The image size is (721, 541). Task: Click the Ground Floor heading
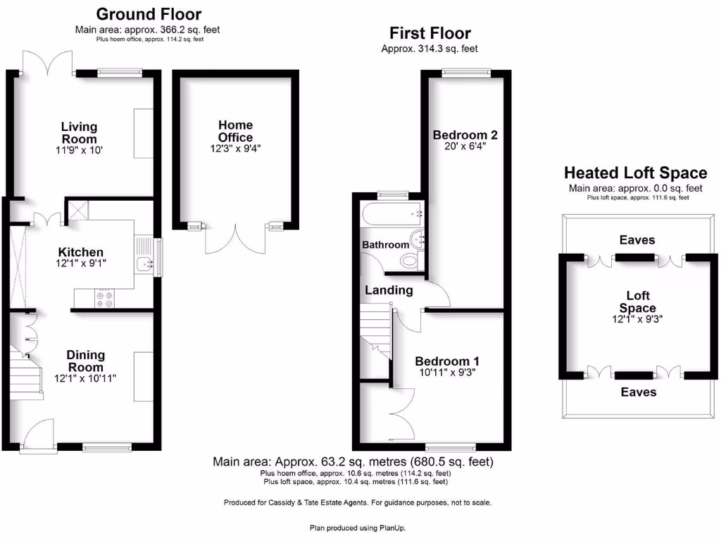click(x=149, y=14)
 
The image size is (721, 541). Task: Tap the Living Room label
click(x=79, y=133)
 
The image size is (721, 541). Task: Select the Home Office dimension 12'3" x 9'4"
click(x=235, y=149)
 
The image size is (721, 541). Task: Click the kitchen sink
click(x=146, y=264)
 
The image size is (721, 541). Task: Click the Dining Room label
click(x=85, y=361)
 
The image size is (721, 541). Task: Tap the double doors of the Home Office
click(x=236, y=238)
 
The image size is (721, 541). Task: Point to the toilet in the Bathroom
click(x=409, y=261)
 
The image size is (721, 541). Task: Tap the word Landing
click(x=389, y=290)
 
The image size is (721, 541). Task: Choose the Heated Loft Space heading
click(x=635, y=173)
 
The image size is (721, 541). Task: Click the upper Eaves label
click(x=637, y=240)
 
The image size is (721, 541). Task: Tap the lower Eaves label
click(x=637, y=392)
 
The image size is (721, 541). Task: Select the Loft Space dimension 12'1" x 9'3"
click(x=637, y=319)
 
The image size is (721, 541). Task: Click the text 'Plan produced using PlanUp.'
click(x=358, y=528)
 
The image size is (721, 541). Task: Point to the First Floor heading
click(x=430, y=33)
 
